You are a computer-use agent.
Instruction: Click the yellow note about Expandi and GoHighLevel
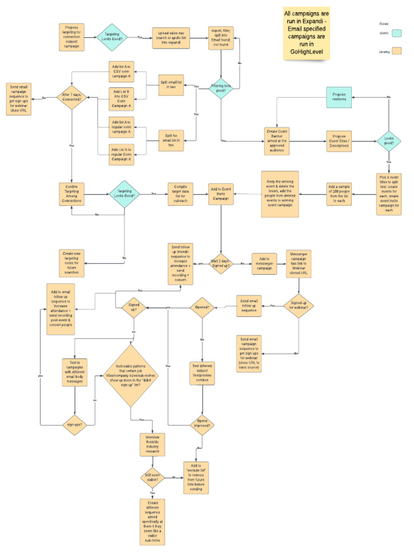pos(307,33)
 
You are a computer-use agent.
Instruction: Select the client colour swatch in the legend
pos(398,33)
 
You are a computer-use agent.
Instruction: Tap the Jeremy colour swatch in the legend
pos(398,51)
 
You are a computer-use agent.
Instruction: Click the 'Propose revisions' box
pos(339,97)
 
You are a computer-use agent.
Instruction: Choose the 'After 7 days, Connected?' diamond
pos(72,98)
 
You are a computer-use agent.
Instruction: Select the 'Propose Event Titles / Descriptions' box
pos(339,141)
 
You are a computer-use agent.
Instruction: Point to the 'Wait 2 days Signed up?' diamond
pos(222,263)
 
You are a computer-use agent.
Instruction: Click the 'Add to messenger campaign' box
pos(265,264)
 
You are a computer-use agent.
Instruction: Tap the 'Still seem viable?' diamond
pos(152,477)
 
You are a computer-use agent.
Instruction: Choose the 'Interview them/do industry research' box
pos(152,444)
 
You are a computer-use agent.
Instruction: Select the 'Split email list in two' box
pos(171,86)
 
